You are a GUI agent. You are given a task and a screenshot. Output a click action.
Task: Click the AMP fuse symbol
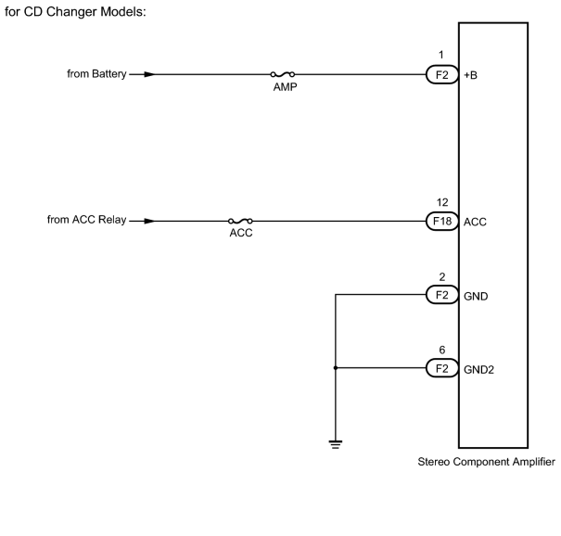283,74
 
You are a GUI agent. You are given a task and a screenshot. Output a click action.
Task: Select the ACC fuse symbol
240,221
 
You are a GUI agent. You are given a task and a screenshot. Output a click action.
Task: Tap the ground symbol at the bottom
336,444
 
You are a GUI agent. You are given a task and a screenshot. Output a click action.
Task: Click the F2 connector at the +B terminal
442,75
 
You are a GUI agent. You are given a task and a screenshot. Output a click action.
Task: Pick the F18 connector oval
442,221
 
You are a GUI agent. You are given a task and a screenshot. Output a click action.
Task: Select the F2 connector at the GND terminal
442,295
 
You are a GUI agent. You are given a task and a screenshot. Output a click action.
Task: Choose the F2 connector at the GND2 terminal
442,368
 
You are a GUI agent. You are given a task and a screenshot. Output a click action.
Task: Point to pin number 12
442,202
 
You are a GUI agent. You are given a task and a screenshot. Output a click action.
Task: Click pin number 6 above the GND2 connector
442,350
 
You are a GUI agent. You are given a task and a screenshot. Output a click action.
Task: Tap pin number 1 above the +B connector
441,55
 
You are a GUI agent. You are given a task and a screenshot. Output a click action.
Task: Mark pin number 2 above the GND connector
442,276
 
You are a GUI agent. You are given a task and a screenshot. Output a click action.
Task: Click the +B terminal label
470,75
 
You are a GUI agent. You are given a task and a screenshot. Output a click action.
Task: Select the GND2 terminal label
478,370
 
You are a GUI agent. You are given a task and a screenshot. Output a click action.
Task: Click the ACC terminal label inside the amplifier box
475,223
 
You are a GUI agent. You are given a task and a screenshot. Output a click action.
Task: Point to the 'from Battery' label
96,73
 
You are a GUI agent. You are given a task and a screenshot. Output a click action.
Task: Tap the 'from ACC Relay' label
86,220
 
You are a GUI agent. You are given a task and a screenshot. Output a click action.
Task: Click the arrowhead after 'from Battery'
149,74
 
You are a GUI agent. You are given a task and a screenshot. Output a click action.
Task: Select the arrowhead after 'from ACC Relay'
149,221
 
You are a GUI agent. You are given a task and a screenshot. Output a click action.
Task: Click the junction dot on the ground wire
336,368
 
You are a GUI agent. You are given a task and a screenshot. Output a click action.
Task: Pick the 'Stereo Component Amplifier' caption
487,462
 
